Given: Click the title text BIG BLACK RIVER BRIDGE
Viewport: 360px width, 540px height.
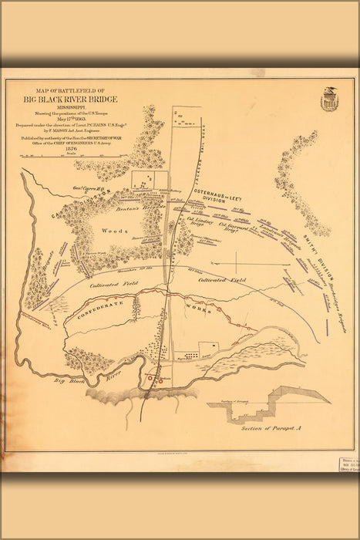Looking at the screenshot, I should point(63,99).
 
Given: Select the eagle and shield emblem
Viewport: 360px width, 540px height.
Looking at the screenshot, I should point(331,98).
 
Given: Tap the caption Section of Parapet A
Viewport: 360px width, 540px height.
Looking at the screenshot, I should point(266,427).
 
